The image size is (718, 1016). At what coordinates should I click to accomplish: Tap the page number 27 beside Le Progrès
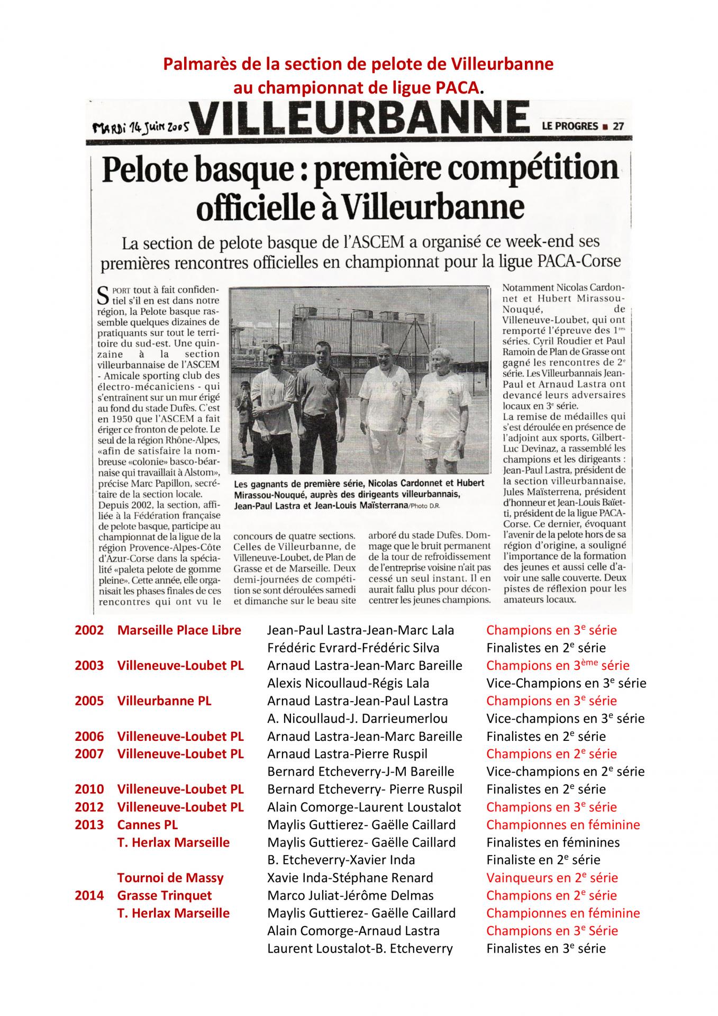tap(617, 126)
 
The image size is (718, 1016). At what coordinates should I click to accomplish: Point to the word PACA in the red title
tap(458, 87)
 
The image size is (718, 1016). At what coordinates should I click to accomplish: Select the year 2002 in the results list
tap(89, 630)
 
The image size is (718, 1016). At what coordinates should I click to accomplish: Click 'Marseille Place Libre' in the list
tap(179, 630)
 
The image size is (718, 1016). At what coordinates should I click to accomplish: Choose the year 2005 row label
tap(89, 701)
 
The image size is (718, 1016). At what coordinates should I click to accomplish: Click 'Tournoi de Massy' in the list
tap(170, 878)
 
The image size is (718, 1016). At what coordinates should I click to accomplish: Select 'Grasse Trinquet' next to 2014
tap(165, 895)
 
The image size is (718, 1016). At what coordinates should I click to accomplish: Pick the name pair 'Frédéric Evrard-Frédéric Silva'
tap(353, 648)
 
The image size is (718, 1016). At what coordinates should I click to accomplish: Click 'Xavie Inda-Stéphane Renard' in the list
tap(350, 878)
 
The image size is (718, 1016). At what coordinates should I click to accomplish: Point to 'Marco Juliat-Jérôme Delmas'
tap(350, 895)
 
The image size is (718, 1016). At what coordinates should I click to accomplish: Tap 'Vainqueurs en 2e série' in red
tap(552, 878)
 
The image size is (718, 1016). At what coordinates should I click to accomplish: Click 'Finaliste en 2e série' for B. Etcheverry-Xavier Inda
tap(543, 860)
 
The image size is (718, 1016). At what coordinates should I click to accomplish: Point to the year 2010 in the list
tap(89, 790)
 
